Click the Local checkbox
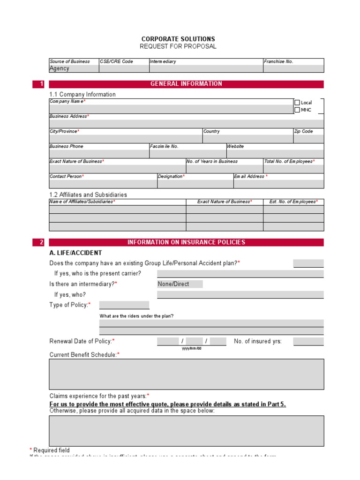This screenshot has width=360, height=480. click(x=297, y=103)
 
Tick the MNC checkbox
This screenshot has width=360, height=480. click(x=297, y=110)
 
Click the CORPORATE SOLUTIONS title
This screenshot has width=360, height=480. click(x=178, y=39)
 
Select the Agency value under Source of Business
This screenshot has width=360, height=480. click(x=60, y=68)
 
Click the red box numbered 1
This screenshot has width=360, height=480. click(x=38, y=84)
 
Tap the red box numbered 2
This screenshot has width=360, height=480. click(x=38, y=242)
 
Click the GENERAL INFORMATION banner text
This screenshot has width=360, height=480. click(x=186, y=84)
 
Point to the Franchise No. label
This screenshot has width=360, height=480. click(x=278, y=61)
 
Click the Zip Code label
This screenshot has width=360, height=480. click(x=303, y=132)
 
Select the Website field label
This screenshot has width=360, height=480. click(x=235, y=147)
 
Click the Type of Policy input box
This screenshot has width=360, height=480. click(x=124, y=305)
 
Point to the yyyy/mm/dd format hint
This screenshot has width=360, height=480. click(x=191, y=348)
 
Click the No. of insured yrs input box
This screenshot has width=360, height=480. click(x=308, y=341)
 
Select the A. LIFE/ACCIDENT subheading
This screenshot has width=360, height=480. click(x=75, y=253)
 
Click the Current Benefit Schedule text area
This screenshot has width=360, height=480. click(x=186, y=374)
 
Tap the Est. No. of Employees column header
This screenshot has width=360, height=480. click(x=293, y=202)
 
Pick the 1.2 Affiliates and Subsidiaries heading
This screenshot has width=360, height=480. click(x=88, y=195)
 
